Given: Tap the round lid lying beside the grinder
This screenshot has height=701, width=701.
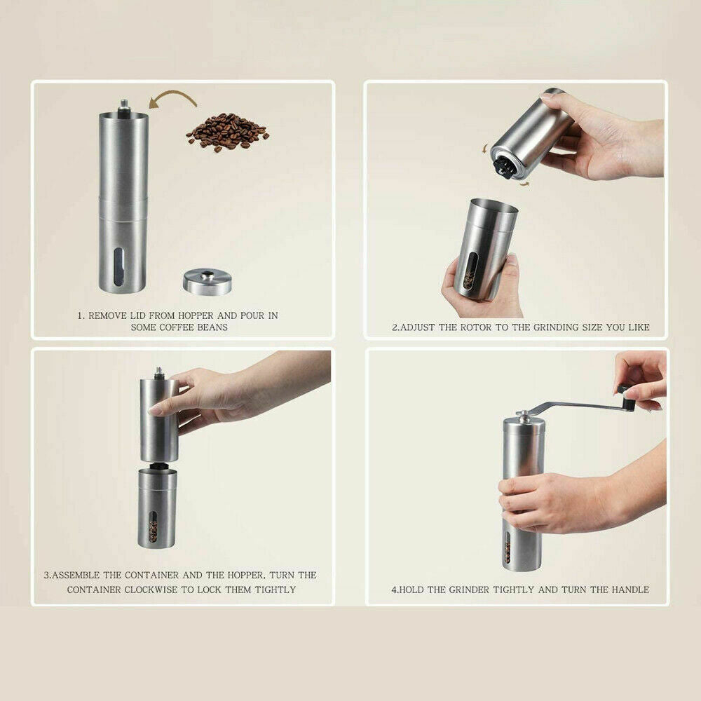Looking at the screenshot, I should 207,281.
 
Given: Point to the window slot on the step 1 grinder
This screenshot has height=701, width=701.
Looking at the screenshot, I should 118,266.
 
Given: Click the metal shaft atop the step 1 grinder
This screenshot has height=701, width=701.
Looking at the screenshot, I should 124,106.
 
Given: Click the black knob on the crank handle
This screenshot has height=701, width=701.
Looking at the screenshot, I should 626,397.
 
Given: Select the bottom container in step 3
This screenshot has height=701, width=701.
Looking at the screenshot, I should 157,508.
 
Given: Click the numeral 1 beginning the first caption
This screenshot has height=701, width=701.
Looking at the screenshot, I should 80,315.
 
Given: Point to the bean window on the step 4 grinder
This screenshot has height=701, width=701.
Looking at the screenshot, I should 507,547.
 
